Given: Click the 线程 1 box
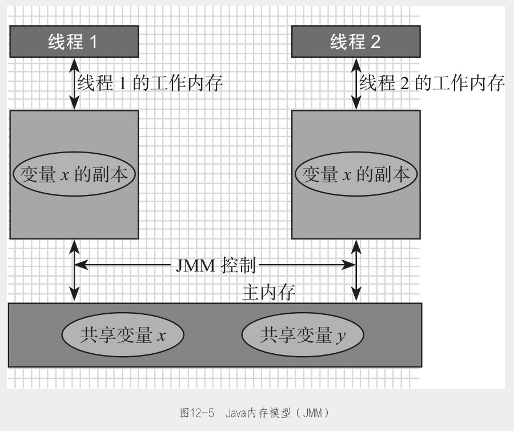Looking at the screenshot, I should click(x=74, y=42).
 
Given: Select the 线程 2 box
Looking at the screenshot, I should click(x=355, y=42).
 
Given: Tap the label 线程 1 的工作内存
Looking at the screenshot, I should click(x=150, y=83).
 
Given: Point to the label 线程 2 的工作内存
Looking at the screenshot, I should click(x=432, y=83).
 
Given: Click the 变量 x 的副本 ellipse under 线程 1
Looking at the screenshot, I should click(x=74, y=174).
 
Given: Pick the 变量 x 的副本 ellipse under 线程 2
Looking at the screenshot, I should click(x=355, y=174).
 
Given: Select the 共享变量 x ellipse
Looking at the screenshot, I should click(x=122, y=336).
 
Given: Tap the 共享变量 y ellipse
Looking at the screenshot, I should click(x=303, y=336).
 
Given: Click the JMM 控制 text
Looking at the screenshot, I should click(x=216, y=265).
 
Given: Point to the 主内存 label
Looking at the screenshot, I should click(x=268, y=293).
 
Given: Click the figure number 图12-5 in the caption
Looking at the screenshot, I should click(x=197, y=412).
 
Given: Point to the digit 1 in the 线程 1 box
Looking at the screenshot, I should click(x=93, y=42).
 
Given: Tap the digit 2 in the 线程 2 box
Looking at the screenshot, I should click(x=375, y=42).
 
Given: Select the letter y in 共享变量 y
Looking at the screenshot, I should click(x=340, y=337).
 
